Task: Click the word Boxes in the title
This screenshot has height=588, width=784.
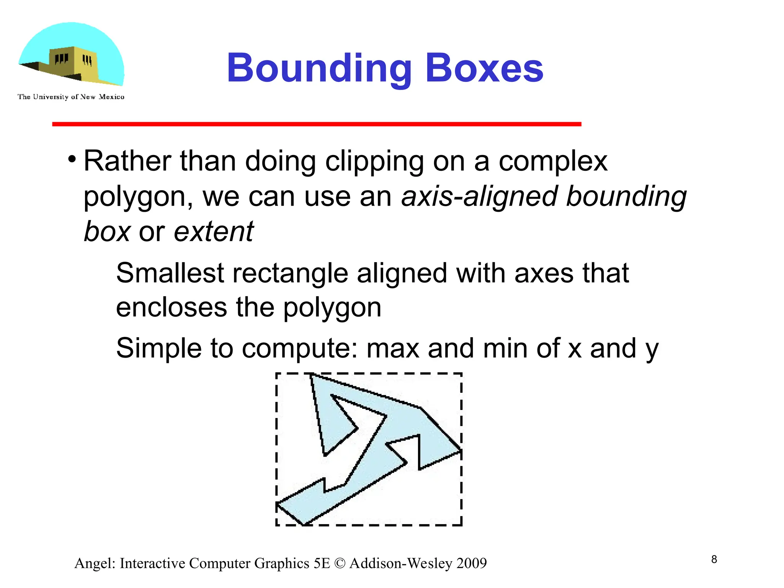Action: [x=484, y=69]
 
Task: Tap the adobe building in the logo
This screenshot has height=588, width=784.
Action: [x=73, y=63]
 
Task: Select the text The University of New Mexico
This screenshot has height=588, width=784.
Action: [x=71, y=97]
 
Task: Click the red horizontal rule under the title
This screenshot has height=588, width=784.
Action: [x=317, y=124]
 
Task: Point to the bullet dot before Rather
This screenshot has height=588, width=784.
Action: [x=72, y=159]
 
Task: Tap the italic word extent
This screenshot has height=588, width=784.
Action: [x=214, y=232]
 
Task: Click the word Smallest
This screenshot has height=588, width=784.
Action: [x=170, y=273]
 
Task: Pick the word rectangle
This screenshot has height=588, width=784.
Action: [x=290, y=273]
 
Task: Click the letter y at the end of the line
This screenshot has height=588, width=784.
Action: [x=652, y=350]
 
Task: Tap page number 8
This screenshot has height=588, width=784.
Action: [x=714, y=559]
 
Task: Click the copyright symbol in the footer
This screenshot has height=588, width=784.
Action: [x=340, y=563]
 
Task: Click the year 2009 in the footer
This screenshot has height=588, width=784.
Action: [x=472, y=563]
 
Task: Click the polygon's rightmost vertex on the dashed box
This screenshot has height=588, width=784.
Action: [x=461, y=450]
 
